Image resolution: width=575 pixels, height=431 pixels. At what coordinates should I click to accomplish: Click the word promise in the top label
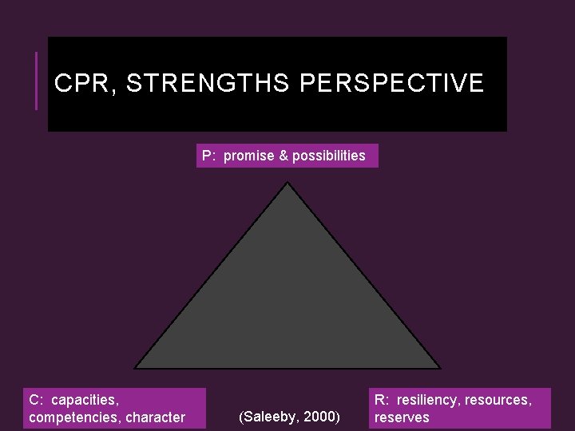pyautogui.click(x=248, y=156)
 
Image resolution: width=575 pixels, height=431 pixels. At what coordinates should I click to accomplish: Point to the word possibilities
pyautogui.click(x=329, y=156)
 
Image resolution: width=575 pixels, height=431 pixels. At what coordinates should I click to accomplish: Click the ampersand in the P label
pyautogui.click(x=282, y=156)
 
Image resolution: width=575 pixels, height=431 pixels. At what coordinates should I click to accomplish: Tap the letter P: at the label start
pyautogui.click(x=208, y=156)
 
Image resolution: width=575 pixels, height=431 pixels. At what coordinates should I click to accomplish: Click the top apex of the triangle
pyautogui.click(x=287, y=184)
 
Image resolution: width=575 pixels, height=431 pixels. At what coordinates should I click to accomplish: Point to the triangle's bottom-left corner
pyautogui.click(x=136, y=367)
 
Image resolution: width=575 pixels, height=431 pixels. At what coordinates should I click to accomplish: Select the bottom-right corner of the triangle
pyautogui.click(x=439, y=367)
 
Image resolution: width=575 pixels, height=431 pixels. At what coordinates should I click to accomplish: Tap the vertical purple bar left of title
pyautogui.click(x=36, y=81)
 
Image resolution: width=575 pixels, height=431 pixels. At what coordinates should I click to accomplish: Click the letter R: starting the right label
pyautogui.click(x=380, y=399)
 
